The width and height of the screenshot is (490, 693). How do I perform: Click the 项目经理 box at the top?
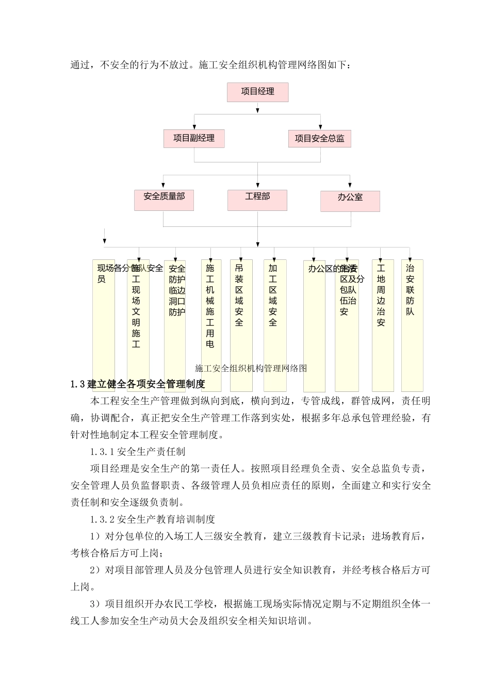coord(257,92)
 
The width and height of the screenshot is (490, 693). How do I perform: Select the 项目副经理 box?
coord(194,138)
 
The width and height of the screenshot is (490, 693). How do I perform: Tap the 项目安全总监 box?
coord(320,138)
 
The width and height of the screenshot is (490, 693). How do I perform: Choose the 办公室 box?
coord(350,201)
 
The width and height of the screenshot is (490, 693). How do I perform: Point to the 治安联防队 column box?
coord(412,325)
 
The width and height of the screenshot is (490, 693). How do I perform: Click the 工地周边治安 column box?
coord(382,325)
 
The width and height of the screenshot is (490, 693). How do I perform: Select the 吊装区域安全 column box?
coord(241,325)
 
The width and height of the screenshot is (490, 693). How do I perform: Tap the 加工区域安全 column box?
coord(274,325)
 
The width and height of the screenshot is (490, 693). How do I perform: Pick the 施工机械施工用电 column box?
coord(211,325)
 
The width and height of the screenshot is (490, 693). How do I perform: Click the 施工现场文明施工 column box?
coord(138,325)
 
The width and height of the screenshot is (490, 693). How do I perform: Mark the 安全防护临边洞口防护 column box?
coord(175,325)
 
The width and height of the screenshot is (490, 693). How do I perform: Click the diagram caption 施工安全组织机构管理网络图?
coord(251,368)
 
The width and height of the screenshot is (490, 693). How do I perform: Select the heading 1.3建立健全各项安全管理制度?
coord(138,384)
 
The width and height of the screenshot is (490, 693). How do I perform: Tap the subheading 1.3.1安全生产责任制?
coord(138,452)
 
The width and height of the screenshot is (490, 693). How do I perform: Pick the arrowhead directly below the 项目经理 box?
coord(257,108)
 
